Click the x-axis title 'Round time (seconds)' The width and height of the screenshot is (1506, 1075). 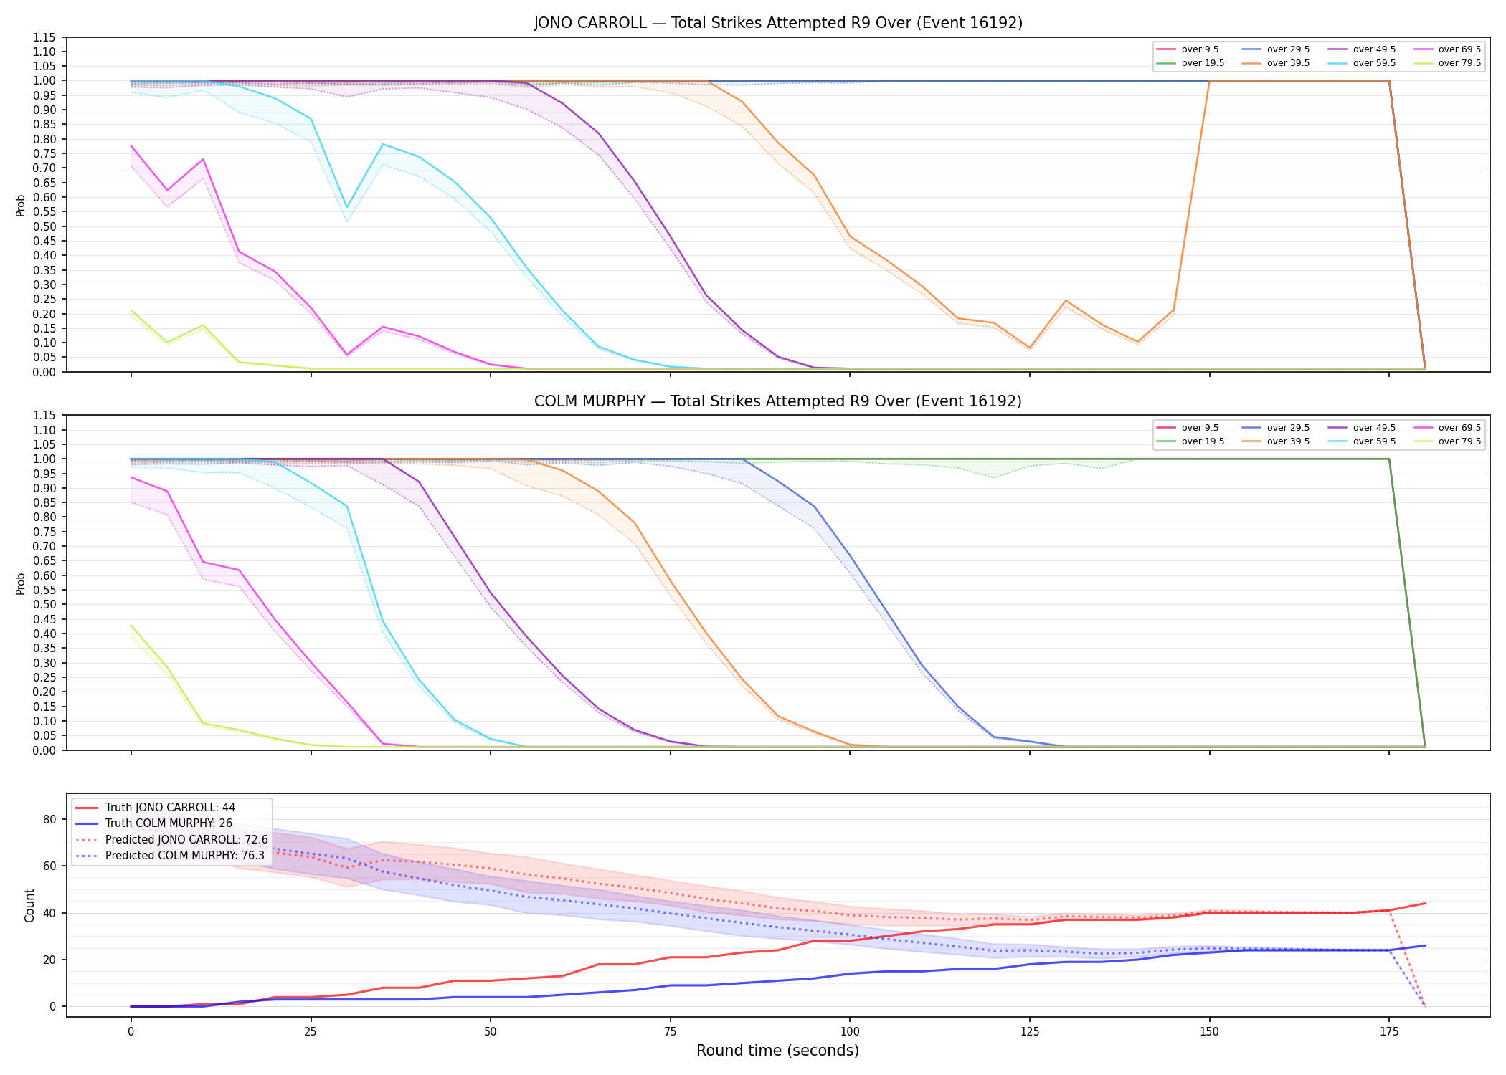coord(777,1051)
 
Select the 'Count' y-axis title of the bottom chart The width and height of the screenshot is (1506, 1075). coord(29,905)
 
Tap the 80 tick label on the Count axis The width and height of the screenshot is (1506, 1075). coord(50,820)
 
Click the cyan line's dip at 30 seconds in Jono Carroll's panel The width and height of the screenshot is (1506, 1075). coord(346,208)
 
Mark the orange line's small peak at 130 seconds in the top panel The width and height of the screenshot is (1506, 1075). coord(1066,300)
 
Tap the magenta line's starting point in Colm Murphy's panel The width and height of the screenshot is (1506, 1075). coord(131,477)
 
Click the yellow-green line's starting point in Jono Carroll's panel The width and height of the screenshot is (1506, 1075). coord(131,310)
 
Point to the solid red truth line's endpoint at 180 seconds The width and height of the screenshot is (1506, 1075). coord(1425,903)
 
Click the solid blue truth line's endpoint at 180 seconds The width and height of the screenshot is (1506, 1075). coord(1425,945)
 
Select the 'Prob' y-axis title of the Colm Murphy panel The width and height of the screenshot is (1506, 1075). coord(21,583)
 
